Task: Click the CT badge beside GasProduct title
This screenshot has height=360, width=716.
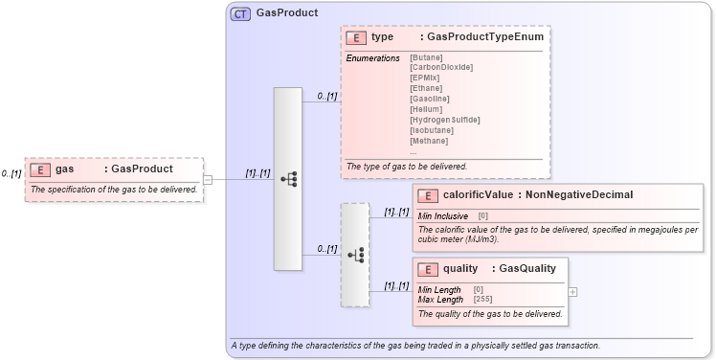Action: (x=240, y=13)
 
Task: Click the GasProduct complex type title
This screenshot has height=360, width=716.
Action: (x=287, y=13)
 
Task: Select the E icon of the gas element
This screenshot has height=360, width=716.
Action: (x=40, y=169)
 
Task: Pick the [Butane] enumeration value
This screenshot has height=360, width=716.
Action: (x=426, y=57)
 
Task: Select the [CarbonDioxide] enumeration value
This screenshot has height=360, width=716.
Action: (x=440, y=67)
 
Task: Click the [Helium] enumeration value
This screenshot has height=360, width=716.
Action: (x=426, y=109)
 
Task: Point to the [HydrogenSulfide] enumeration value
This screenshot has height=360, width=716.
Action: (x=444, y=120)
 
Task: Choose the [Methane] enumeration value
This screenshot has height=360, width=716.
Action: (x=428, y=141)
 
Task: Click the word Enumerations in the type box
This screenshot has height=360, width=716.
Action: (x=372, y=57)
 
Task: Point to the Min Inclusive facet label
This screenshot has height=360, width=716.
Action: (x=443, y=216)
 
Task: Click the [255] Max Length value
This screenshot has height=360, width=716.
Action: (x=482, y=300)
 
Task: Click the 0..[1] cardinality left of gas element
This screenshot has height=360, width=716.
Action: (x=11, y=173)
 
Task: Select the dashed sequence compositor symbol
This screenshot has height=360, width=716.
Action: (x=354, y=255)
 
